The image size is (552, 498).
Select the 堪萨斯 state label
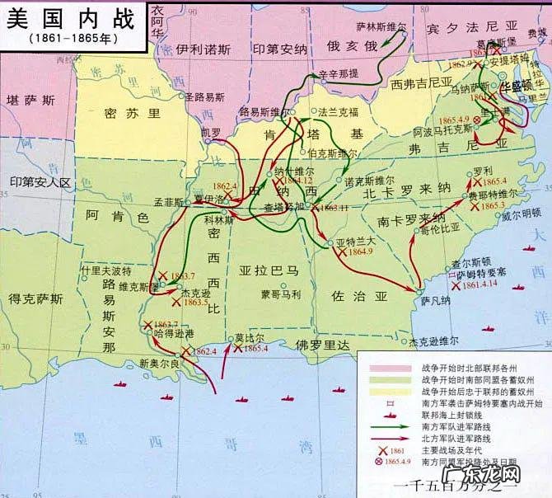[x=30, y=100]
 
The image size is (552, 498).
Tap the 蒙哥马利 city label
[x=281, y=294]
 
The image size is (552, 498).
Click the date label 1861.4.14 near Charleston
[x=481, y=284]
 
